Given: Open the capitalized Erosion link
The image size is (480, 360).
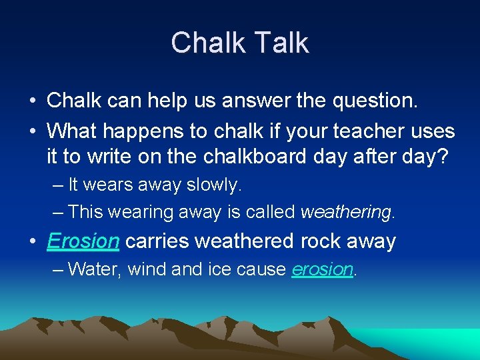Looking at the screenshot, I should click(83, 241).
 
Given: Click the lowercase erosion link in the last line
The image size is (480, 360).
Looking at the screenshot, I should click(323, 269).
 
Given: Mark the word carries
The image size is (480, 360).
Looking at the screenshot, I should click(155, 241).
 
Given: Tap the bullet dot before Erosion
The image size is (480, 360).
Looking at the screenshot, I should click(33, 242).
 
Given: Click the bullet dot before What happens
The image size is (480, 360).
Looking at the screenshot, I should click(33, 131).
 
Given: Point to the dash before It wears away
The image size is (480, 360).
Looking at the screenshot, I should click(58, 185).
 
